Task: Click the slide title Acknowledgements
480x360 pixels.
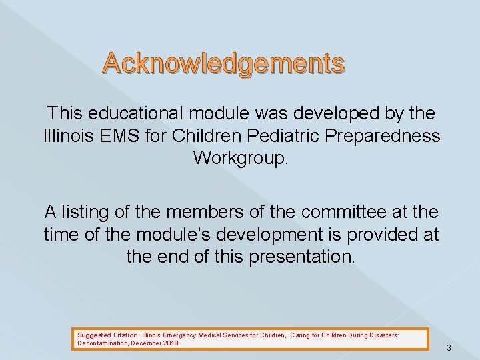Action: click(223, 64)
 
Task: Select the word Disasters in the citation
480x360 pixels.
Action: click(384, 336)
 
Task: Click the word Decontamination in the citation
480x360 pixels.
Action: click(101, 343)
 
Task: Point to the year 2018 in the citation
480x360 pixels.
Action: click(170, 343)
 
